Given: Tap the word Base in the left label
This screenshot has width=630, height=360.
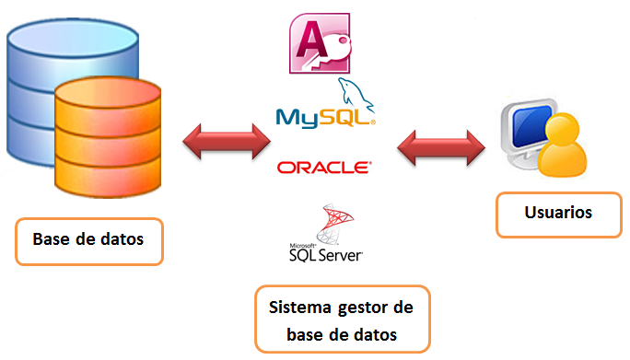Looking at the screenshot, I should tap(54, 239).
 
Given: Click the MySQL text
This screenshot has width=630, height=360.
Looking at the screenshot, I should tap(322, 117).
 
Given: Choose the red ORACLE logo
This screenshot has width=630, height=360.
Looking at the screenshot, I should tap(324, 168).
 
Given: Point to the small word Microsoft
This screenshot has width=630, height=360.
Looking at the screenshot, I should tap(302, 246).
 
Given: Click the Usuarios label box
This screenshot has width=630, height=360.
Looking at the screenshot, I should tap(557, 213).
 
